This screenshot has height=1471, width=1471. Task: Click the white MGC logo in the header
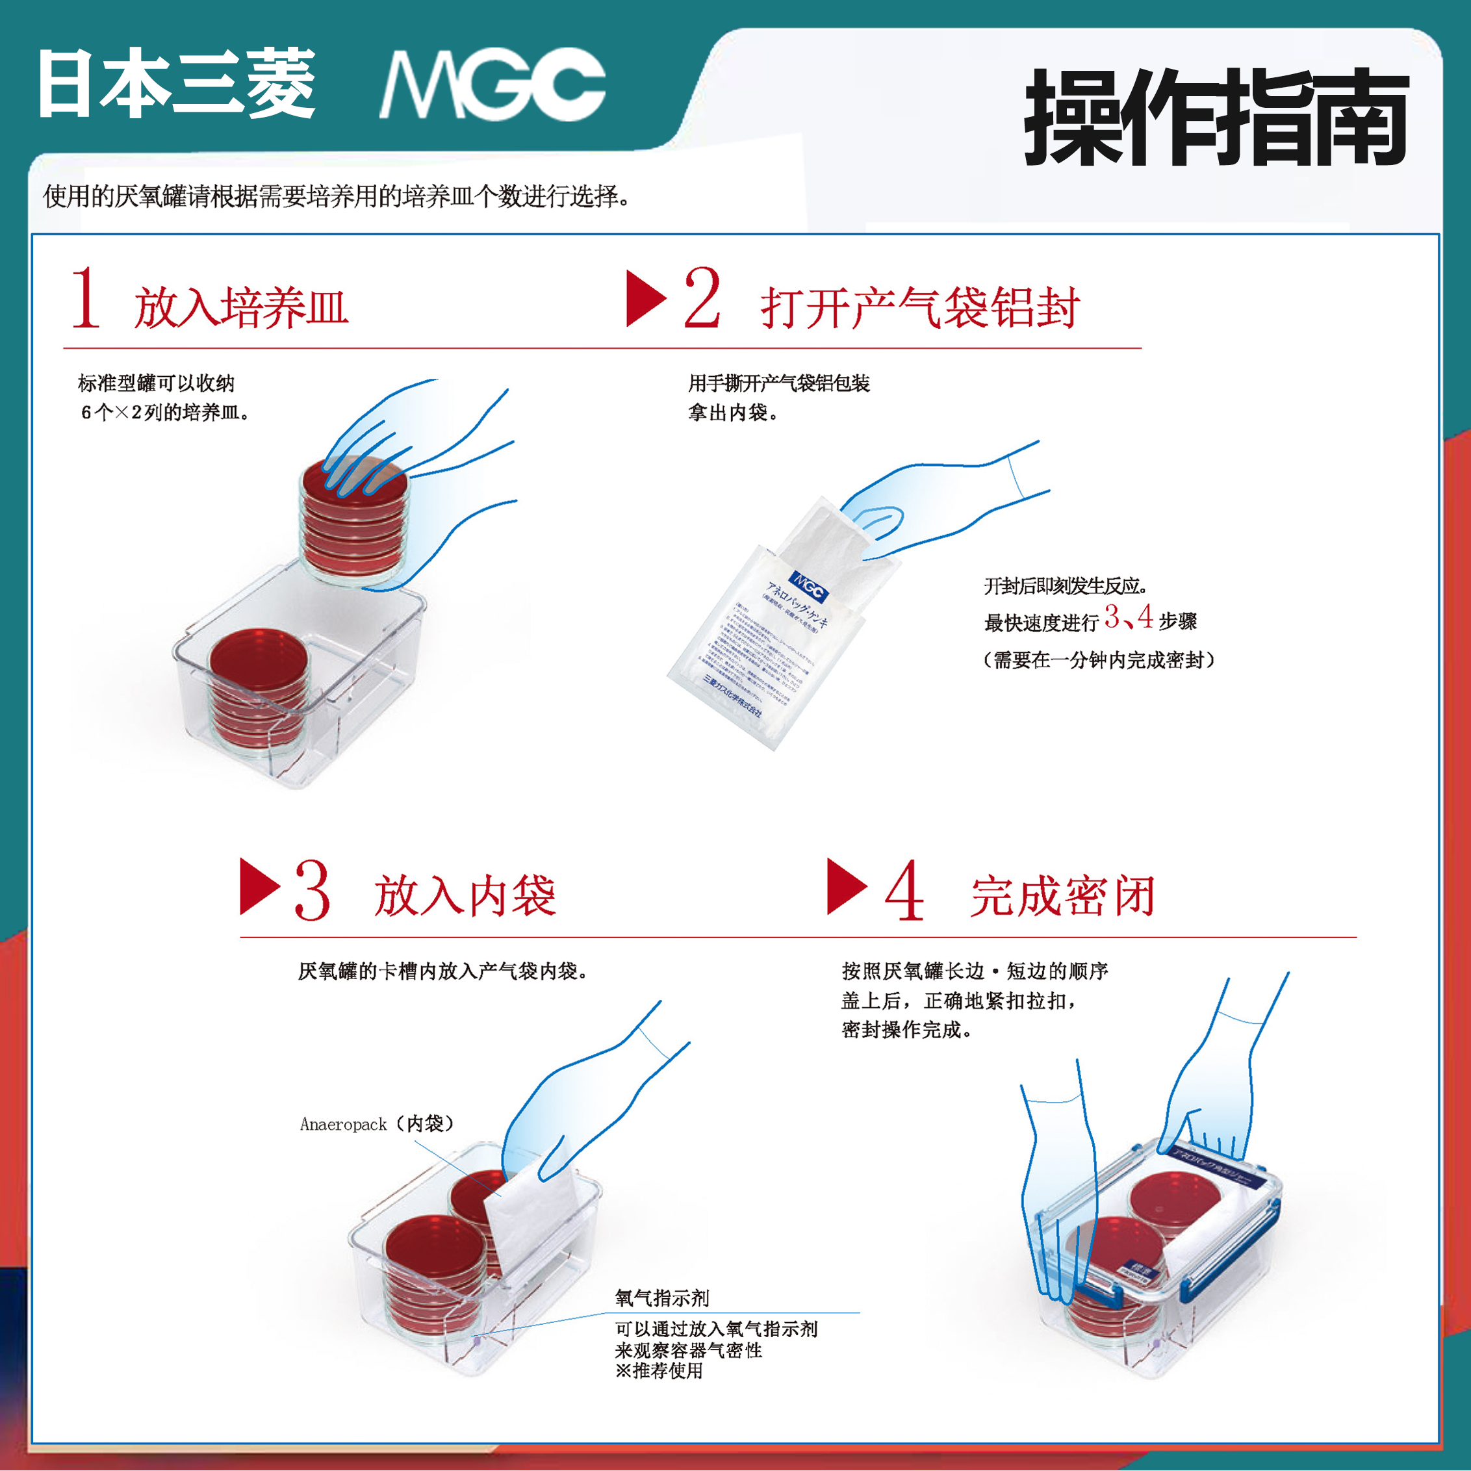(x=492, y=84)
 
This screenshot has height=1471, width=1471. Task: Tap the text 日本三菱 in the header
(x=177, y=84)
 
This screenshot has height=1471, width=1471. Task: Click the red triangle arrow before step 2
(x=644, y=298)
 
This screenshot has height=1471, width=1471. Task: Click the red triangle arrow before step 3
(x=258, y=886)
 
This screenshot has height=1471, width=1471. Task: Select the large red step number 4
(x=904, y=890)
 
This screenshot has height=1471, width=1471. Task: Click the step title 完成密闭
(x=1063, y=896)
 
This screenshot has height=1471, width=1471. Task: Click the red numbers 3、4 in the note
(x=1129, y=617)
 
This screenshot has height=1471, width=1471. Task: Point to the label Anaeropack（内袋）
(x=376, y=1124)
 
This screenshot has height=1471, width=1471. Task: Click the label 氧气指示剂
(x=661, y=1298)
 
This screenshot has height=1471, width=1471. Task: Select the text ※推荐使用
(x=659, y=1370)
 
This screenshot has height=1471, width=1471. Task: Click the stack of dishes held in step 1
(x=353, y=526)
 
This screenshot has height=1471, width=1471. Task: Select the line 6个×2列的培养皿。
(x=165, y=413)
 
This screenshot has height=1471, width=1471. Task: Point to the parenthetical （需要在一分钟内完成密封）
(x=1098, y=660)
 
